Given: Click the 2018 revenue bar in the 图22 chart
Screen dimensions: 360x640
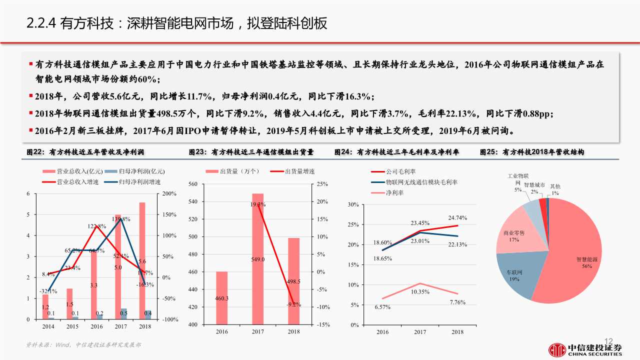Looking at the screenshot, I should (142, 260).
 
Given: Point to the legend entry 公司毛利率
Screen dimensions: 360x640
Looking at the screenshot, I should (400, 171).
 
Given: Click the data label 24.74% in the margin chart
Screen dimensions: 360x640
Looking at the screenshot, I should (457, 217).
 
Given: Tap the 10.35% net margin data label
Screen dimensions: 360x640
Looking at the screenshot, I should (420, 291).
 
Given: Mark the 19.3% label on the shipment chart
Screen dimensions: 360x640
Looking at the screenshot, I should (258, 204).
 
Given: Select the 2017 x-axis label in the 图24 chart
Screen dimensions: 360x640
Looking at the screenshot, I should (420, 332).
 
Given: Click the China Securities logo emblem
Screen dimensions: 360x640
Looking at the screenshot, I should (556, 349).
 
